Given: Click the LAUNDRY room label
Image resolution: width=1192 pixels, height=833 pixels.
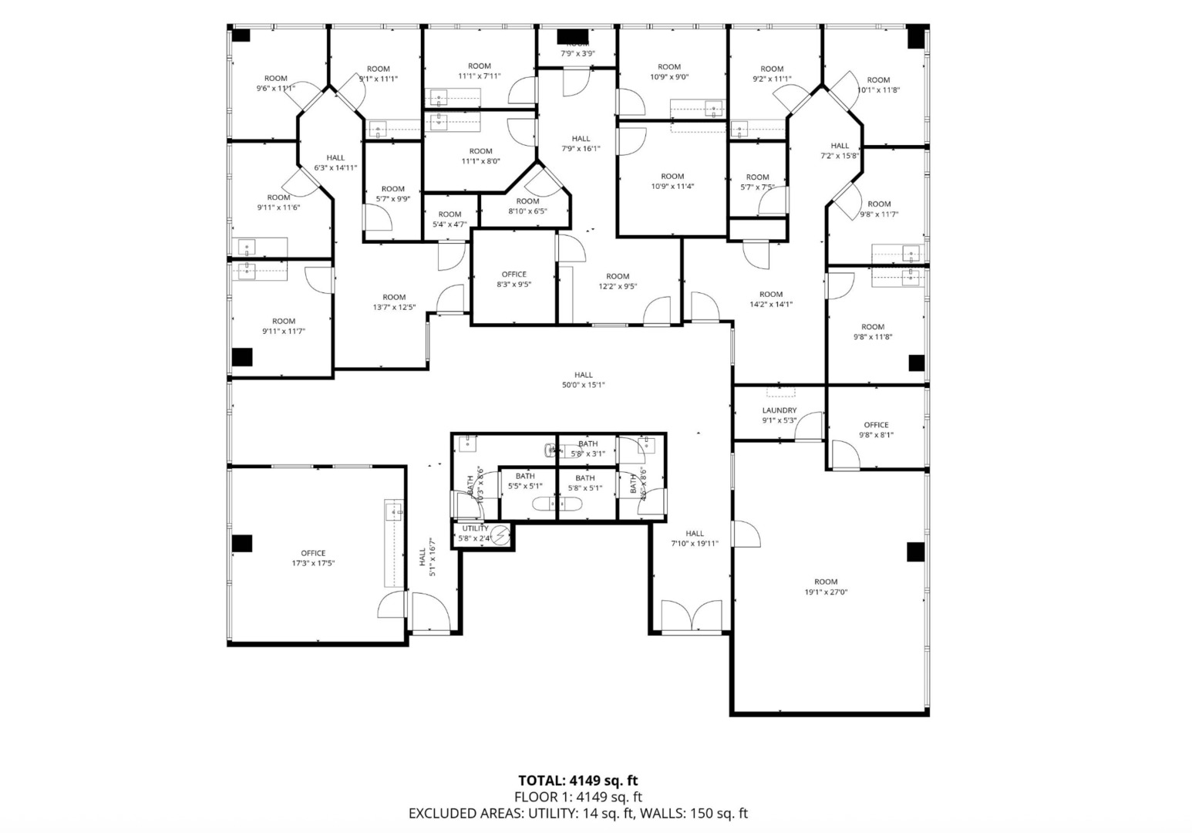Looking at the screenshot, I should [x=779, y=410].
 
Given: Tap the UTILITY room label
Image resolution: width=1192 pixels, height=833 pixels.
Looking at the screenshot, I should [x=475, y=528].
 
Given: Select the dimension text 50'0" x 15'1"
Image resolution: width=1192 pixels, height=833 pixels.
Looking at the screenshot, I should [x=583, y=385].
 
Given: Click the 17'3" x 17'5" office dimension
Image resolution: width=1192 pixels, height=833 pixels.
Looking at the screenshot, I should [x=313, y=563].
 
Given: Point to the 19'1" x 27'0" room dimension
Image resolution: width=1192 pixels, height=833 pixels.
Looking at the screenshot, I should [x=826, y=592].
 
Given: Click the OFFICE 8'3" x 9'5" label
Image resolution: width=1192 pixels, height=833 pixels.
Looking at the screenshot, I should [x=514, y=274].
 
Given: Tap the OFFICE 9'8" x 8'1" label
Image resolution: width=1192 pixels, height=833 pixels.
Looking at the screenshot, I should [x=876, y=424].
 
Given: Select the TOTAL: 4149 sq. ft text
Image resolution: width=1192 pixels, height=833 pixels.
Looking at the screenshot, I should [x=577, y=781].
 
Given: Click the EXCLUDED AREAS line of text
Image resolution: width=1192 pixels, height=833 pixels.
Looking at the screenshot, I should [x=577, y=813].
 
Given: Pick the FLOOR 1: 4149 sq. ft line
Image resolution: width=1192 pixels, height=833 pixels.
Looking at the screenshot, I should [x=577, y=797].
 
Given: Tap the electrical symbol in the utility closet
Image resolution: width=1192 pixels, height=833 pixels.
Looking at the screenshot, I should [x=500, y=535].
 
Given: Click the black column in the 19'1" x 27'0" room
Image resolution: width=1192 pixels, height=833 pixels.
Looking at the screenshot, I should [x=915, y=551].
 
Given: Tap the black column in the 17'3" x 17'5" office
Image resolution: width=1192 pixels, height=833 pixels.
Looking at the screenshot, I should [x=242, y=543].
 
